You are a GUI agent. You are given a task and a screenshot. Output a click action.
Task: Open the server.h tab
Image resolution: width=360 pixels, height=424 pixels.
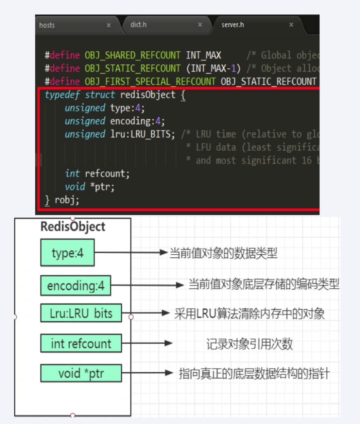point(233,25)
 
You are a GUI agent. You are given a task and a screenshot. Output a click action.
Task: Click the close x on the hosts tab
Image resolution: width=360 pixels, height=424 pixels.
point(109,25)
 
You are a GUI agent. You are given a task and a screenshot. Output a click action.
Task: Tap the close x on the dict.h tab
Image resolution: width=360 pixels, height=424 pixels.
point(200,25)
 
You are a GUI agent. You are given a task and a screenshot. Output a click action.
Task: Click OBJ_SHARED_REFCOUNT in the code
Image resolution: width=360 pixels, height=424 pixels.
point(132,55)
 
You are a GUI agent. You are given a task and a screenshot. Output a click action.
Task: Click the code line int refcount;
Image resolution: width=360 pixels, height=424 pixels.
point(97,173)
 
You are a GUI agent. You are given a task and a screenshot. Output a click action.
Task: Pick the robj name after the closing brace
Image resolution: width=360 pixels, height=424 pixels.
point(67,200)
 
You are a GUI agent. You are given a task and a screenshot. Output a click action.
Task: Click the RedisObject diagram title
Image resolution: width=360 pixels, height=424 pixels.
point(73,227)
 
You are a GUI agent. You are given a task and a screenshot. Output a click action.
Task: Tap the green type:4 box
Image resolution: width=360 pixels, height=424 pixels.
point(67,253)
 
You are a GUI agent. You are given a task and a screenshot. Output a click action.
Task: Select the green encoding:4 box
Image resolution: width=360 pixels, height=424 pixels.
point(76,286)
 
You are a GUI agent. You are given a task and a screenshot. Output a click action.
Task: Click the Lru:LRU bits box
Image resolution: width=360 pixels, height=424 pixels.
point(81,313)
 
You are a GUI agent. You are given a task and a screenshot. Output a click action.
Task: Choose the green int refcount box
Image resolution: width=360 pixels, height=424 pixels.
point(81,343)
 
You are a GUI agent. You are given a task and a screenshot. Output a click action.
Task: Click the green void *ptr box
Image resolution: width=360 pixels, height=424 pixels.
point(81,373)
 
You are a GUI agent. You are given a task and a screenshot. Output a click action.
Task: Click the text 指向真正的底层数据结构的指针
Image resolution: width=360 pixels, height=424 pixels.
point(254,374)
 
